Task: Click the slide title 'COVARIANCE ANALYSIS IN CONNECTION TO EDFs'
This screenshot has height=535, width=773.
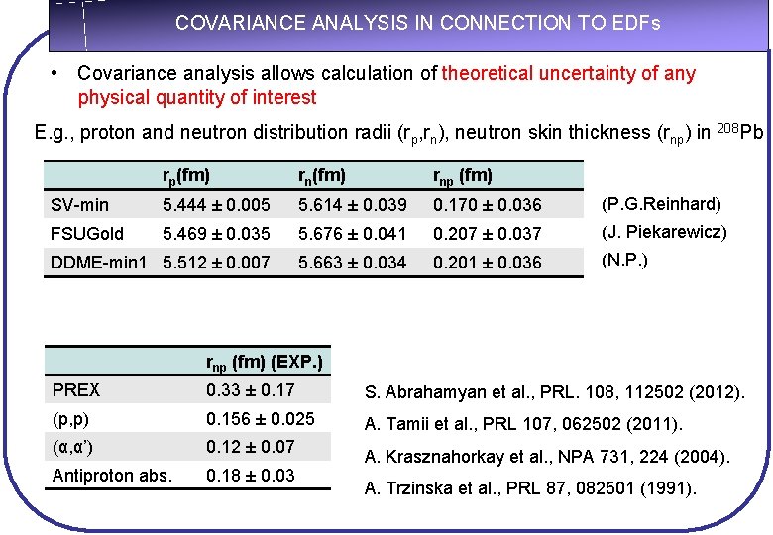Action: [x=417, y=23]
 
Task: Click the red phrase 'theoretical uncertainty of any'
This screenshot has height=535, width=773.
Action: [x=569, y=74]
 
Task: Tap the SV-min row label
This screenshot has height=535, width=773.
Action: [x=79, y=205]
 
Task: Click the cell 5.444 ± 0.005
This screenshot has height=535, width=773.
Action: [x=215, y=205]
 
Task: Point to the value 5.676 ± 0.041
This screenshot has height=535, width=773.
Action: [x=352, y=234]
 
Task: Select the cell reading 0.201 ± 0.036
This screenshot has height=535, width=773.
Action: [x=488, y=263]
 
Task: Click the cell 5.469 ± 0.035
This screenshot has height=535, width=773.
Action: [x=215, y=234]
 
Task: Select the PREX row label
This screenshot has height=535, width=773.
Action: [x=75, y=391]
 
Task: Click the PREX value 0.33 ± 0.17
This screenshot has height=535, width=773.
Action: [x=250, y=391]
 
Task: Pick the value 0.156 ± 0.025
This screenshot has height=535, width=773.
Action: [x=260, y=419]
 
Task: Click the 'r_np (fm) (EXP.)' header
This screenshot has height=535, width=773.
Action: [x=264, y=362]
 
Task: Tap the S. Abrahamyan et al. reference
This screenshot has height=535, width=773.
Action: [x=555, y=393]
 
